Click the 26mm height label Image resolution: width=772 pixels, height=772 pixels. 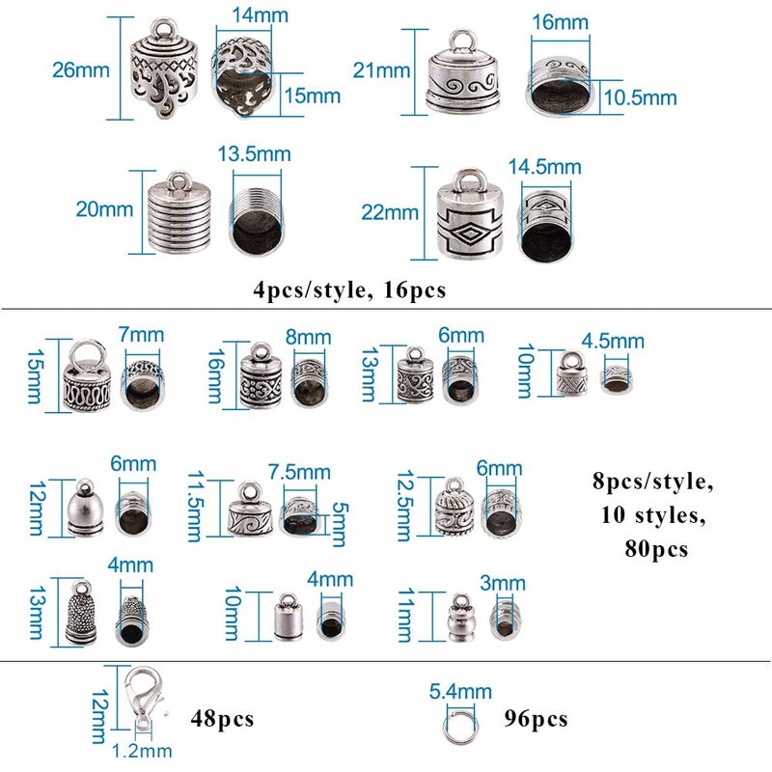coord(81,69)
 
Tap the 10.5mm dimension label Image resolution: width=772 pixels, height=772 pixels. coord(640,97)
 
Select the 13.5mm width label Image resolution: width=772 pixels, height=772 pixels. coord(254,154)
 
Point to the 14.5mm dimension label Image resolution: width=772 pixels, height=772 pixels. coord(544,167)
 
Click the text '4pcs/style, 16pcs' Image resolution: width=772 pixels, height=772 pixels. coord(349,290)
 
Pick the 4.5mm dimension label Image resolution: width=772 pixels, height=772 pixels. coord(613,341)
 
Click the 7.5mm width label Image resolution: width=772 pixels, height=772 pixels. coord(299,472)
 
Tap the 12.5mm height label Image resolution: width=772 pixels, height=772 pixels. coord(405,506)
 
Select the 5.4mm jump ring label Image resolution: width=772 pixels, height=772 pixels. coord(460,691)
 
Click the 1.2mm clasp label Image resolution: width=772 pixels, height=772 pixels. coord(142,751)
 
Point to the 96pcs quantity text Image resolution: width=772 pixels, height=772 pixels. coord(536,719)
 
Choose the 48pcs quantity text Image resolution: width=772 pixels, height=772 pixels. coord(222,719)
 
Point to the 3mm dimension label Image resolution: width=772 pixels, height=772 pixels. coord(503,584)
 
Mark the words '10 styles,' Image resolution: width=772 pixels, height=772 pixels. coord(653,515)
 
